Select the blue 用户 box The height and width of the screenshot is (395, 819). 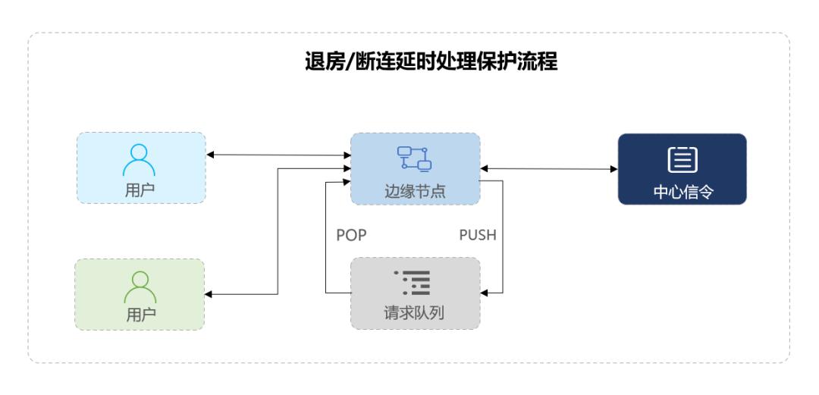pyautogui.click(x=141, y=168)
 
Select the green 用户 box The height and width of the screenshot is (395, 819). pyautogui.click(x=140, y=294)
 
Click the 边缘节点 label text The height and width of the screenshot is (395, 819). pyautogui.click(x=416, y=191)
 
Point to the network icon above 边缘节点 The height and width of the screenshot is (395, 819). pyautogui.click(x=415, y=157)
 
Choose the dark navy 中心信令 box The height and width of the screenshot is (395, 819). pyautogui.click(x=682, y=168)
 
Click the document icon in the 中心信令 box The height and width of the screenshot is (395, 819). pyautogui.click(x=682, y=158)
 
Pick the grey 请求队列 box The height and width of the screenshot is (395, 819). pyautogui.click(x=415, y=293)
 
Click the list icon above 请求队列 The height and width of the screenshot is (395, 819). pyautogui.click(x=416, y=283)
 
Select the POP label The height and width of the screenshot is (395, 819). pyautogui.click(x=352, y=235)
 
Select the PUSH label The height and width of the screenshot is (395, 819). pyautogui.click(x=478, y=235)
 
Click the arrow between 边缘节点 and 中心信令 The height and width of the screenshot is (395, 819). pyautogui.click(x=549, y=168)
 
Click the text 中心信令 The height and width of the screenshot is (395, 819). pyautogui.click(x=682, y=191)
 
